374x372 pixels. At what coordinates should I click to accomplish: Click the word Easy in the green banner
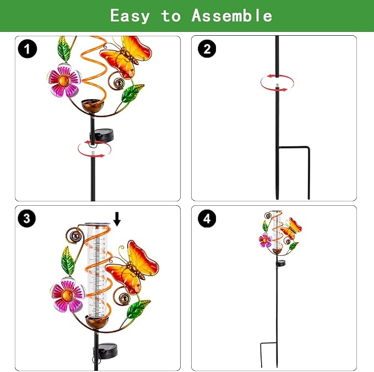(x=130, y=16)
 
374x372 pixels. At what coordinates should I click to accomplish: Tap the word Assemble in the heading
(x=232, y=15)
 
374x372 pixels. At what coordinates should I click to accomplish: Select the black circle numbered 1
(x=28, y=49)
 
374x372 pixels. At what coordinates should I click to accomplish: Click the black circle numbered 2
(x=207, y=48)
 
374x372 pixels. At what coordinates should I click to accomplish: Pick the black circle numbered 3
(x=26, y=218)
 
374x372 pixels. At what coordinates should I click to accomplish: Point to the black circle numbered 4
(x=207, y=218)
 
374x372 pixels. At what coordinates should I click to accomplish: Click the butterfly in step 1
(x=126, y=57)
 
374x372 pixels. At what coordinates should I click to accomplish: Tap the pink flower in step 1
(x=64, y=80)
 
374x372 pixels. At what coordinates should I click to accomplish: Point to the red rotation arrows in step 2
(x=277, y=83)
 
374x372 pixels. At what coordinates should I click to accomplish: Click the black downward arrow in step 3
(x=117, y=219)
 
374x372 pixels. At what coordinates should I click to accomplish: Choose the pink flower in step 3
(x=68, y=295)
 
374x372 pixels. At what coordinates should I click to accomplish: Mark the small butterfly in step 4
(x=291, y=228)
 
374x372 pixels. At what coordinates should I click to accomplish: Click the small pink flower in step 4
(x=265, y=240)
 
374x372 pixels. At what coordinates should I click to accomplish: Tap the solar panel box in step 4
(x=280, y=263)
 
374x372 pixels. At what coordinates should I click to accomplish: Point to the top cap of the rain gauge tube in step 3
(x=97, y=224)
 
